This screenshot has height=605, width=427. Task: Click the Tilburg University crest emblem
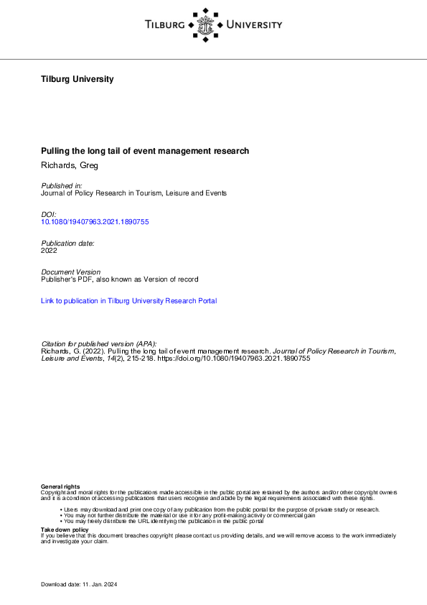pos(207,24)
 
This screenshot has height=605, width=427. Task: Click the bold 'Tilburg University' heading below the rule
pos(78,79)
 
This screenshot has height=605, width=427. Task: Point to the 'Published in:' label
pos(62,185)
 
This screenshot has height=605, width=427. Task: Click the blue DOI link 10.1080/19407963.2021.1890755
pos(95,222)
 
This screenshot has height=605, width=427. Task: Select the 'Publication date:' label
pos(68,243)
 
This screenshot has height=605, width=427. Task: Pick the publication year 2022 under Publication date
pos(50,251)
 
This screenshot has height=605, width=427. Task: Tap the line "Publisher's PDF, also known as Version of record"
pos(120,279)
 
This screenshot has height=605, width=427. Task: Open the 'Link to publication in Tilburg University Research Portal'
pos(129,301)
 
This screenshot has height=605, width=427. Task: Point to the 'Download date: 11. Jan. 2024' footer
pos(79,585)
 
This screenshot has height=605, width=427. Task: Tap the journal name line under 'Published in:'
pos(134,193)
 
